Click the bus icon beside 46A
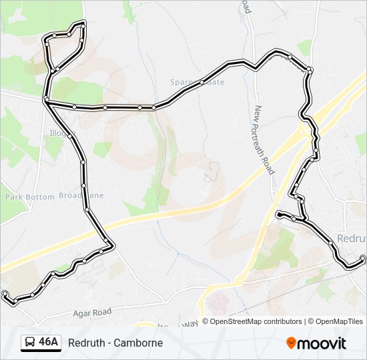[30, 343]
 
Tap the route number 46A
[49, 343]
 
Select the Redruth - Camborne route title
[115, 343]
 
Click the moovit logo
[316, 343]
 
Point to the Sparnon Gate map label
[197, 82]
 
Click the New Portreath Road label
[264, 140]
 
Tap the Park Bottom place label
[30, 197]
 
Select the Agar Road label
[93, 312]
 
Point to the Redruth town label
[352, 238]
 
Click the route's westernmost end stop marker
[5, 293]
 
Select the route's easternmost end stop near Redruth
[362, 258]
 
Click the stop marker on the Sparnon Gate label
[202, 82]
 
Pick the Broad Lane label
[81, 196]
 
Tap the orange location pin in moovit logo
[291, 343]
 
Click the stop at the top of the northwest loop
[82, 24]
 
